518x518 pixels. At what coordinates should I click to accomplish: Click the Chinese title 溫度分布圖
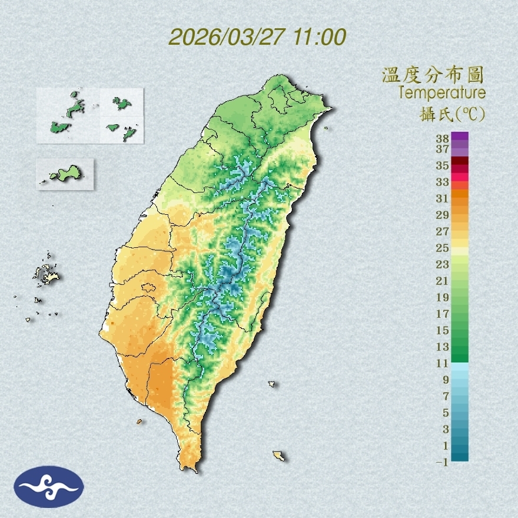click(433, 75)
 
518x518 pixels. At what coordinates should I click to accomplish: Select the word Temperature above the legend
click(441, 93)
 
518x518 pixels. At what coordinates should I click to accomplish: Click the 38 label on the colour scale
click(443, 138)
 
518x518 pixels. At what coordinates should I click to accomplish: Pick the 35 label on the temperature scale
click(443, 165)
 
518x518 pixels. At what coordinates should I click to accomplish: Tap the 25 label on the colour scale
click(443, 248)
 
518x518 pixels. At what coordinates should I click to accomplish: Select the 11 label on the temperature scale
click(443, 363)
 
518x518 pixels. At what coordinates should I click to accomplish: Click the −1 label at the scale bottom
click(442, 462)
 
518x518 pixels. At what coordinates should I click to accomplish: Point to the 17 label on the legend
click(443, 314)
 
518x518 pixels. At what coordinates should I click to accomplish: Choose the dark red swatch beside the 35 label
click(460, 161)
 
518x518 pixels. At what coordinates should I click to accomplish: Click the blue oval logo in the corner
click(49, 486)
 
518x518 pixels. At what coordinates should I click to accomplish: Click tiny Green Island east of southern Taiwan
click(272, 384)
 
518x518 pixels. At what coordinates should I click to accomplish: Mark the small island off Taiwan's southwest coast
click(140, 421)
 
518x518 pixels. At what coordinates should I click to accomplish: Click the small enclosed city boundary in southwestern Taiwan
click(148, 288)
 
